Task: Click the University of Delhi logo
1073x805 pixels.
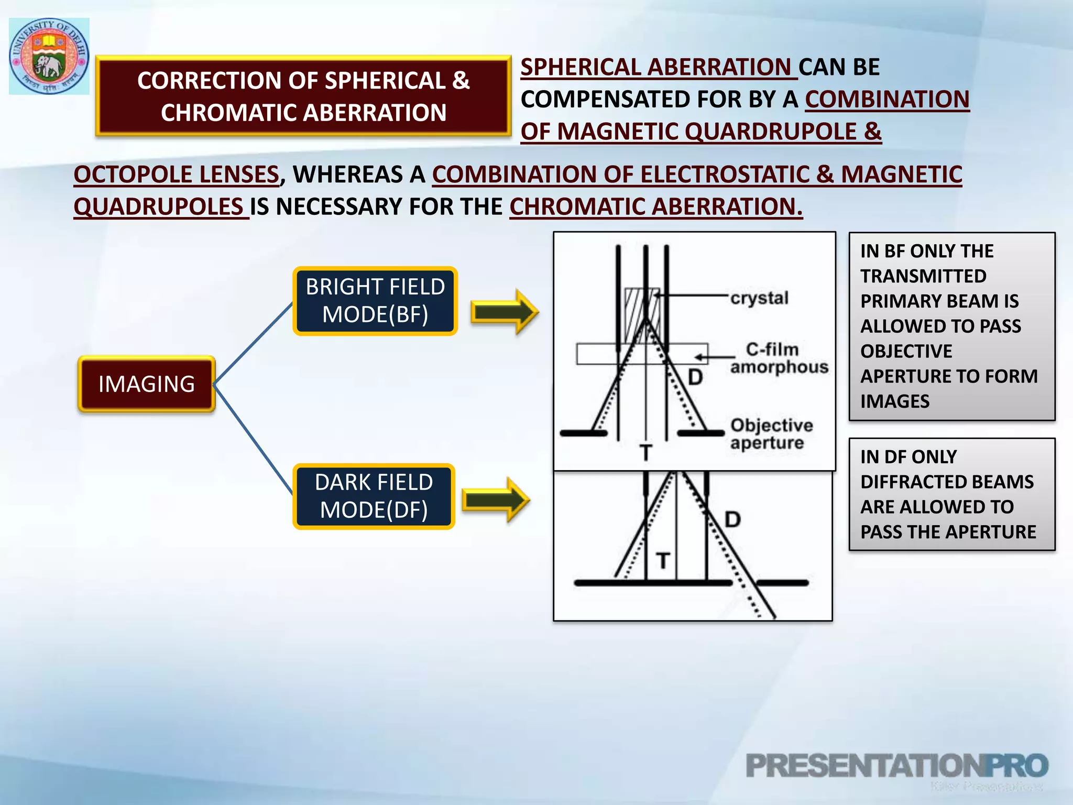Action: pyautogui.click(x=49, y=56)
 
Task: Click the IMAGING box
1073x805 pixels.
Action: pyautogui.click(x=147, y=384)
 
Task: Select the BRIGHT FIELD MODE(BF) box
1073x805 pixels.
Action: pyautogui.click(x=375, y=301)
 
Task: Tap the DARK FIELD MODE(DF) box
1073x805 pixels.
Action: pyautogui.click(x=374, y=496)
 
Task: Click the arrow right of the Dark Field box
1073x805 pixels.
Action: pyautogui.click(x=496, y=499)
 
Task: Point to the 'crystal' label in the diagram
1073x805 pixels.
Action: pyautogui.click(x=759, y=298)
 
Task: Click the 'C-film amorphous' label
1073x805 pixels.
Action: pyautogui.click(x=779, y=358)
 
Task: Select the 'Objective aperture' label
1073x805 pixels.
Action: pyautogui.click(x=771, y=434)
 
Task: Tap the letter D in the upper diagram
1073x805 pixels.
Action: pyautogui.click(x=695, y=377)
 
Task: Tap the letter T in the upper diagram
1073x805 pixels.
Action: pyautogui.click(x=646, y=452)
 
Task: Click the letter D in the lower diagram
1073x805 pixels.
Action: pyautogui.click(x=732, y=519)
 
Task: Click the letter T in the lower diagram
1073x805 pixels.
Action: pyautogui.click(x=663, y=561)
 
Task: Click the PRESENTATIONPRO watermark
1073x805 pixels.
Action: pyautogui.click(x=896, y=766)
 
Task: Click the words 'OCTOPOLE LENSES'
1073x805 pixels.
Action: pyautogui.click(x=177, y=175)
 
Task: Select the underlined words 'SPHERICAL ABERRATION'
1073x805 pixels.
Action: pyautogui.click(x=658, y=67)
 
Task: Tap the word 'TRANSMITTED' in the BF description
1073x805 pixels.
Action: pyautogui.click(x=923, y=276)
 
